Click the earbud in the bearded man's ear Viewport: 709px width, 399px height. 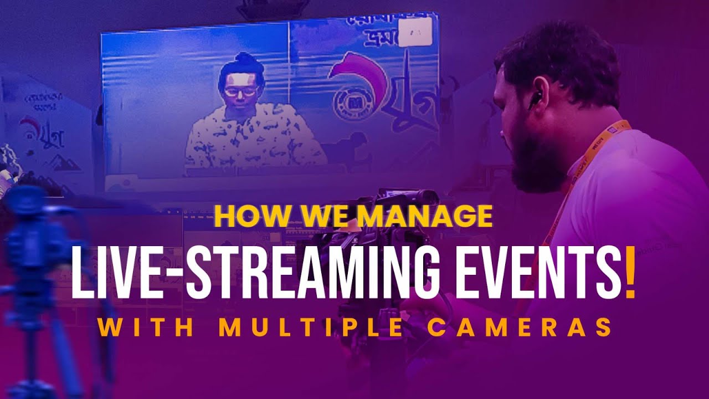click(535, 100)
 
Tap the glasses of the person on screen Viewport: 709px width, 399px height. click(240, 91)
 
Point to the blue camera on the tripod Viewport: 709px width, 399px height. click(33, 233)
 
